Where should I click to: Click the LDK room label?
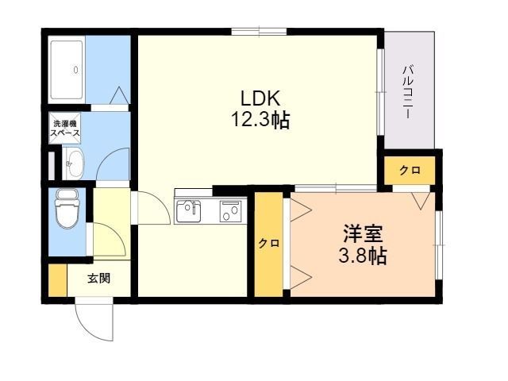point(260,98)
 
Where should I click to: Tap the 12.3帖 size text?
point(260,120)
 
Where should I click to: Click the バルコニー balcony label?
point(409,92)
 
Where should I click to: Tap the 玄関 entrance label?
point(98,278)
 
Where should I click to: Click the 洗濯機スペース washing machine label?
point(66,129)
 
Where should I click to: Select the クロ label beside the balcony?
point(410,170)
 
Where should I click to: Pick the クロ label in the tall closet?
point(269,243)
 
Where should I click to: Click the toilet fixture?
point(67,209)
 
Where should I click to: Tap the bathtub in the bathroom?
point(67,70)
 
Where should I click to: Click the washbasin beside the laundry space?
point(74,163)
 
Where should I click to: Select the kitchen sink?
point(189,211)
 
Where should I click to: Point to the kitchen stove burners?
point(231,211)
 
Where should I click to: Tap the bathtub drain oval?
point(76,70)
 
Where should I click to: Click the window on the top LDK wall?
point(260,32)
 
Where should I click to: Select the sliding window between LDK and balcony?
point(381,92)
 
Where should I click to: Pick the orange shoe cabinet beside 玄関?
point(58,280)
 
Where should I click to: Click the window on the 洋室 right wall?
point(438,245)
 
